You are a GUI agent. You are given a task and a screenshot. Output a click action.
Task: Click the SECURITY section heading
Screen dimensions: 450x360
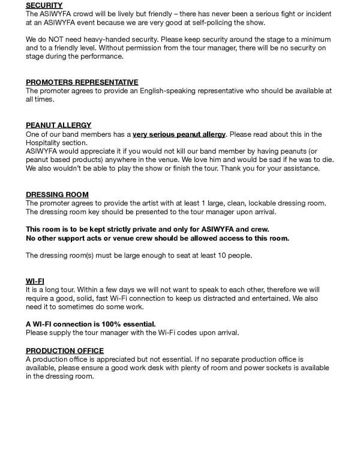tap(44, 5)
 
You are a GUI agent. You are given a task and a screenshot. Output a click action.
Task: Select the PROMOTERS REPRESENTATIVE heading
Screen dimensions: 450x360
tap(82, 82)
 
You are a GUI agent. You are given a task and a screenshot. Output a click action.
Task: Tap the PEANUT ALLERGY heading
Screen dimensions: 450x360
tap(58, 125)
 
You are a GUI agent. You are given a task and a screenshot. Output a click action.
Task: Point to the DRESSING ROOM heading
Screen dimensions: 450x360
tap(57, 194)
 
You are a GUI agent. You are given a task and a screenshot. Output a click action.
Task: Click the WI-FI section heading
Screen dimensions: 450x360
tap(35, 281)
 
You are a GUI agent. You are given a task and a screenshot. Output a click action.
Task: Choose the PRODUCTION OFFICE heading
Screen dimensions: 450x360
tap(64, 350)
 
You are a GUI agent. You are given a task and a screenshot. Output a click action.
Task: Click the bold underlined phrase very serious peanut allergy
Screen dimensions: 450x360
tap(179, 134)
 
